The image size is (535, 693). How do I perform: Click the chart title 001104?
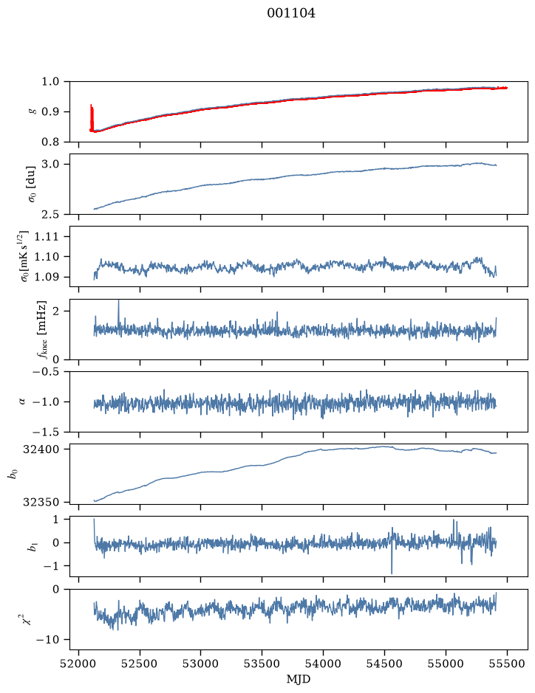(x=291, y=13)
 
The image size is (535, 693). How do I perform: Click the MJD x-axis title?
(x=299, y=679)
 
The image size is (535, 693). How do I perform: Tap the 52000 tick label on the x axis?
(x=79, y=663)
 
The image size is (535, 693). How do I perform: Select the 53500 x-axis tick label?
(x=262, y=663)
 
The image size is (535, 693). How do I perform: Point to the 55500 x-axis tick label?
(x=507, y=663)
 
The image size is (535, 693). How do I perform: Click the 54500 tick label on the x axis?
(x=384, y=663)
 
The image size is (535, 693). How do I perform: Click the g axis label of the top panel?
(x=32, y=112)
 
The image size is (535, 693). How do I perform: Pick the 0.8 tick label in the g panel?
(x=50, y=142)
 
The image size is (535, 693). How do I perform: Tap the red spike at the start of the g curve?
(x=92, y=118)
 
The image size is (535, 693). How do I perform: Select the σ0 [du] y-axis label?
(x=32, y=185)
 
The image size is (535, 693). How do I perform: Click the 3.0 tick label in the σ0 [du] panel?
(x=50, y=165)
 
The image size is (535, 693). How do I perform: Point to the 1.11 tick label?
(x=47, y=237)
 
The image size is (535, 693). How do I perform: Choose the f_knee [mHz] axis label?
(x=42, y=330)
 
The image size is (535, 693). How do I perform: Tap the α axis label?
(x=22, y=401)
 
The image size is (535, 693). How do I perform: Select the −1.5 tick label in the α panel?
(x=46, y=432)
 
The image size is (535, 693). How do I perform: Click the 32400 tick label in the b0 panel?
(x=41, y=449)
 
